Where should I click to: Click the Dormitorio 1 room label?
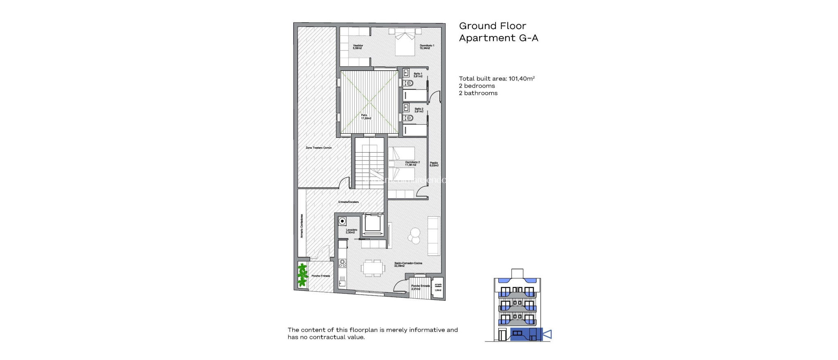427,47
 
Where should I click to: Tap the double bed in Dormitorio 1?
405,43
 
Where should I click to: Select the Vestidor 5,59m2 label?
358,47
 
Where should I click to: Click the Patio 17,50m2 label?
365,117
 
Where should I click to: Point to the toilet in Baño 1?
409,83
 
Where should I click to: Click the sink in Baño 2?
406,108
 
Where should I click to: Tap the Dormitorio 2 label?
412,163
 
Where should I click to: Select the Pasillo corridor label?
434,164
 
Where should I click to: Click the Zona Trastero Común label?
318,148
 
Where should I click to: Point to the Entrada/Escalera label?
348,202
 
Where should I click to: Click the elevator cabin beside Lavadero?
373,224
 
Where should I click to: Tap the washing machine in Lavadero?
342,221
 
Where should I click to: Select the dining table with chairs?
373,268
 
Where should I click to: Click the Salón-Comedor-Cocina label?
408,264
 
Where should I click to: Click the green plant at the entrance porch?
302,275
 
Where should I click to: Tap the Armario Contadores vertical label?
302,226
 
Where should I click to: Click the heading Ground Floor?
492,26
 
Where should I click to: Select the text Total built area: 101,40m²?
496,79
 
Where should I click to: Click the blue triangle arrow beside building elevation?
547,334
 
